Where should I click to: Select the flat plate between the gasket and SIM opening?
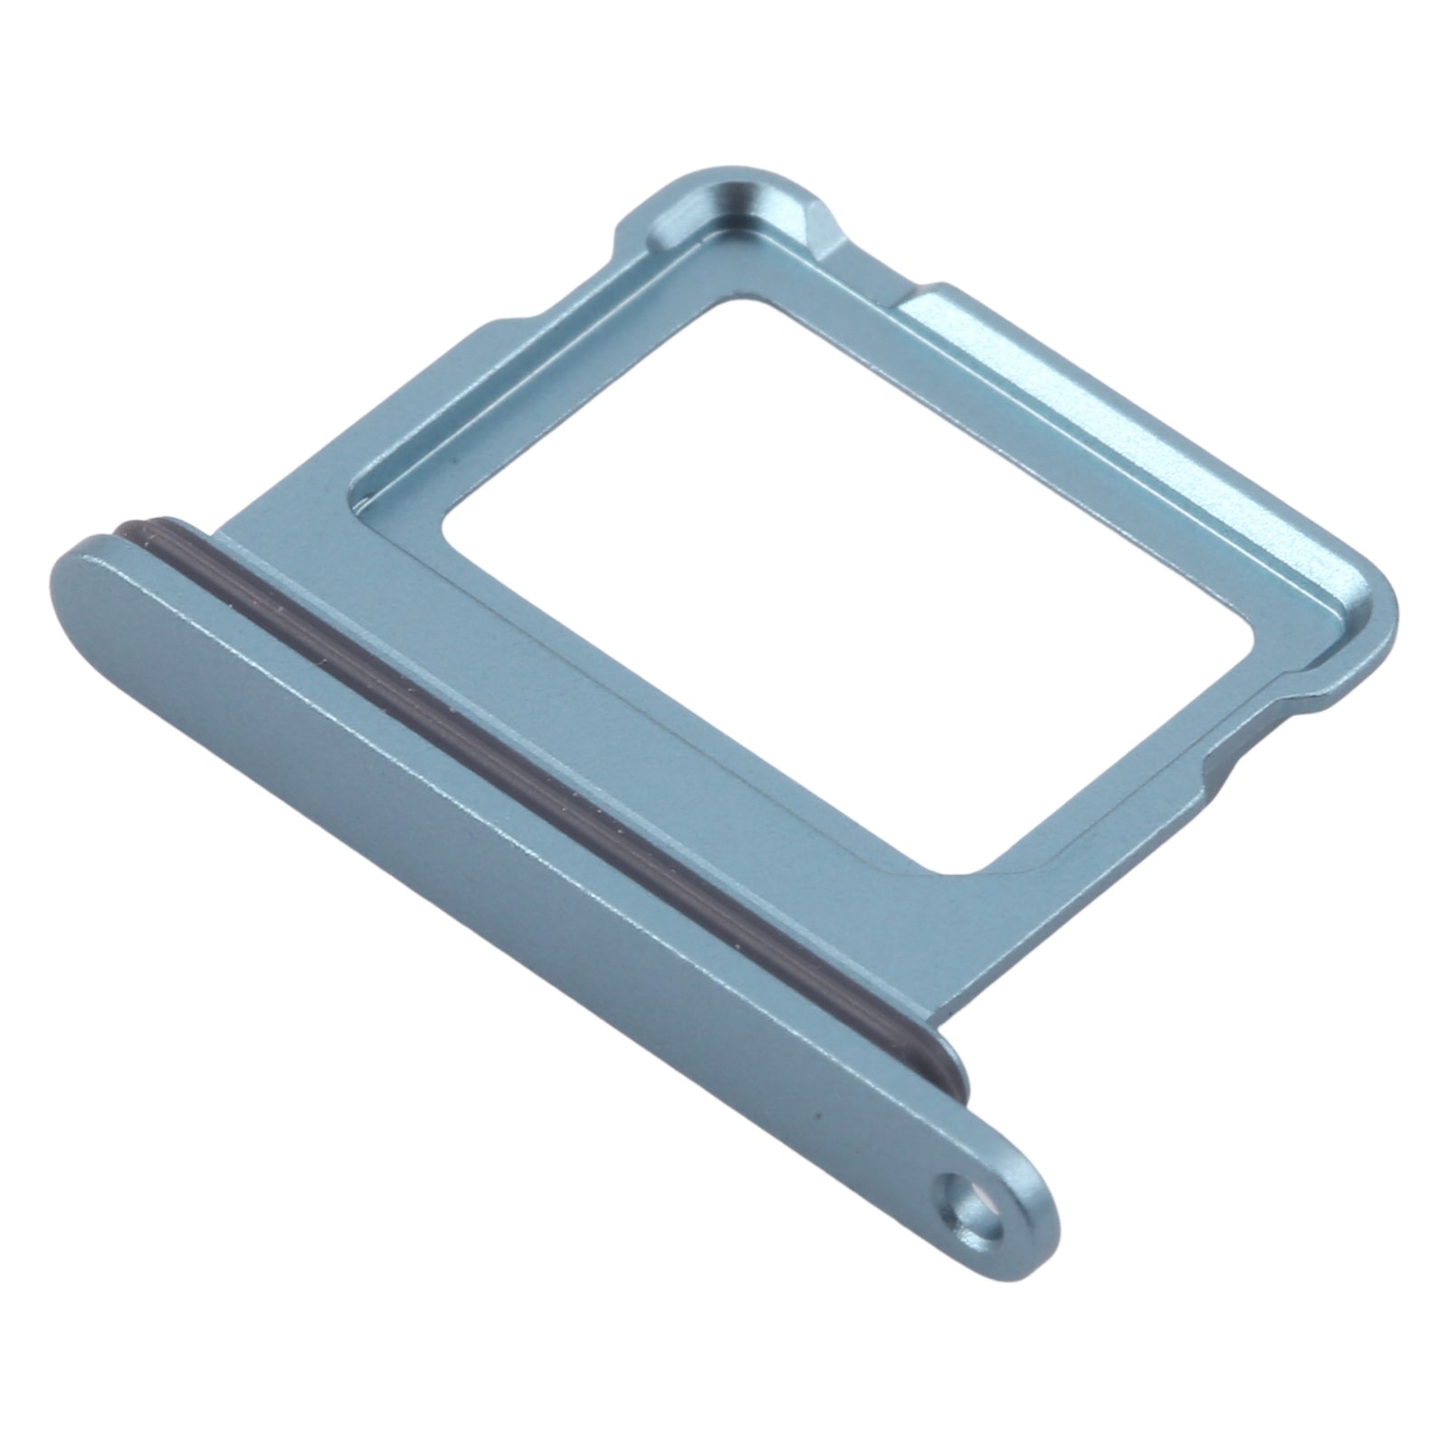pyautogui.click(x=633, y=724)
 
